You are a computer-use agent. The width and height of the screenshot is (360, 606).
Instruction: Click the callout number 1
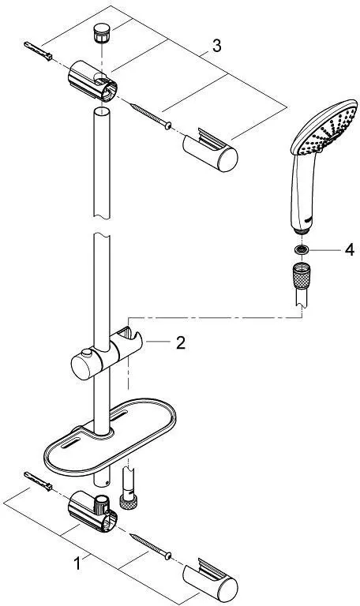(77, 563)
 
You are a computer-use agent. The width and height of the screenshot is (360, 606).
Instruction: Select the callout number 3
(216, 47)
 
